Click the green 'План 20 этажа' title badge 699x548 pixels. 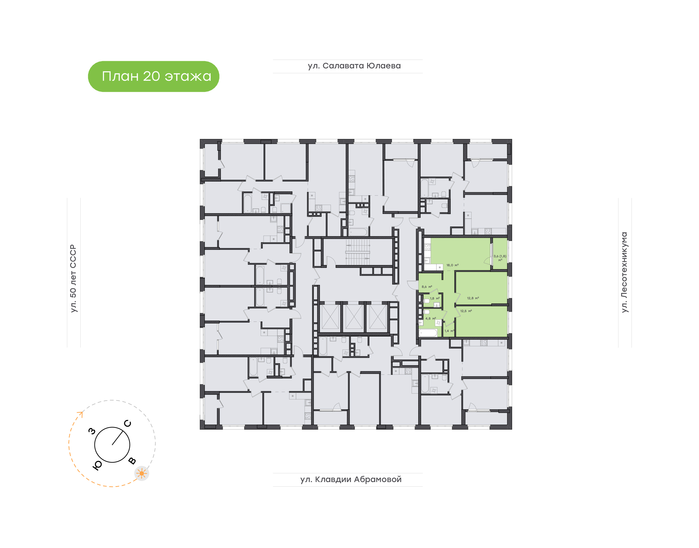(153, 76)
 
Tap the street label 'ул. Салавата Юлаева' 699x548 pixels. (354, 66)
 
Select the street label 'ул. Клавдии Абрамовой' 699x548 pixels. (351, 479)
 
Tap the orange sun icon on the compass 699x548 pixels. (141, 473)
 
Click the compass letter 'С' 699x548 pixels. (127, 424)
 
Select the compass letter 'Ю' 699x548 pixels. (97, 466)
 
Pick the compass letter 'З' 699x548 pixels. (92, 431)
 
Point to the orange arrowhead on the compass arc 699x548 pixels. (80, 414)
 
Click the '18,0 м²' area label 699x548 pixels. (452, 265)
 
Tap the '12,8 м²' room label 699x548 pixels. (473, 298)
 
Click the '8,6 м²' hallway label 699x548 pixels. (427, 287)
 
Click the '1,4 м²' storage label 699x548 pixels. (449, 331)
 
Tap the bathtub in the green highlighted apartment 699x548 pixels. (428, 333)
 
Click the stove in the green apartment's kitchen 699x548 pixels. (427, 247)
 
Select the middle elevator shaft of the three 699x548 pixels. (354, 317)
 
